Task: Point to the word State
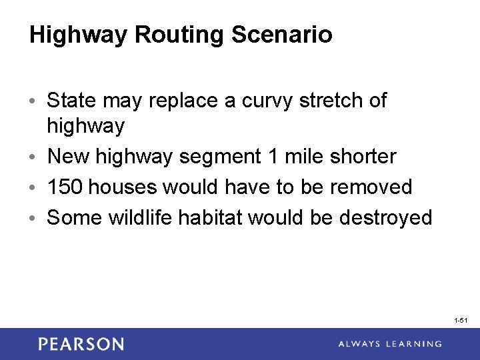coord(72,101)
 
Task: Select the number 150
coord(65,187)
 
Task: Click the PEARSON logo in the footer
coord(81,344)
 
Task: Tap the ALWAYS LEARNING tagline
coord(389,344)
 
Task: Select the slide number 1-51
coord(461,321)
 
